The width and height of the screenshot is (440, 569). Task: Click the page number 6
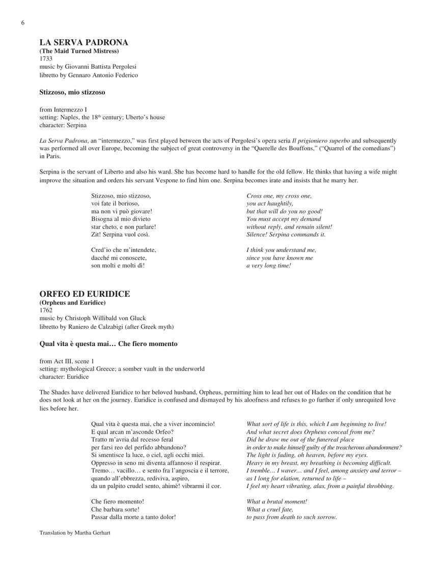23,23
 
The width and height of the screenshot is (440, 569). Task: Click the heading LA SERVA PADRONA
84,43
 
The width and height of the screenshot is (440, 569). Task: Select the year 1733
46,59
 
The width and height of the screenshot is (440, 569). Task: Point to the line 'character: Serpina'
63,125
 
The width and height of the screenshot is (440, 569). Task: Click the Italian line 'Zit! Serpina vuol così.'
120,235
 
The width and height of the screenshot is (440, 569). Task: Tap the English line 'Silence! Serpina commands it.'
286,235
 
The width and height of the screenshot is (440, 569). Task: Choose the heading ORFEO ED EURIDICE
85,294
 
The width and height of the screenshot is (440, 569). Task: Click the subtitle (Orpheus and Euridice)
72,303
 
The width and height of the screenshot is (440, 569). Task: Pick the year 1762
46,310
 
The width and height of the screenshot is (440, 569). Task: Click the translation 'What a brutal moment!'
277,502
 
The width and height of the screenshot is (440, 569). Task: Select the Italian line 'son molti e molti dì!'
118,266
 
